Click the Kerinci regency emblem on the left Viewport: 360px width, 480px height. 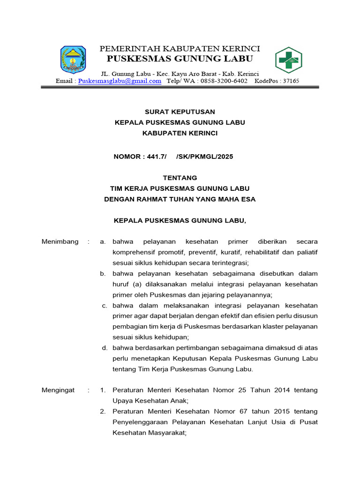[x=73, y=60]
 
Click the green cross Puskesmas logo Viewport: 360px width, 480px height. [x=288, y=60]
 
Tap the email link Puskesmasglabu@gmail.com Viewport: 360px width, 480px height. [x=120, y=81]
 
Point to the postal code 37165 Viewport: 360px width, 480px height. [x=289, y=81]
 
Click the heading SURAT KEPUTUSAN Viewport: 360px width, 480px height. [x=180, y=112]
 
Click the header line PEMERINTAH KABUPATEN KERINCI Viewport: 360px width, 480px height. [x=180, y=49]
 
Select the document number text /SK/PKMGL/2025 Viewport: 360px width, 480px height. [x=204, y=157]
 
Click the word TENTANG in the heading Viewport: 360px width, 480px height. [x=180, y=178]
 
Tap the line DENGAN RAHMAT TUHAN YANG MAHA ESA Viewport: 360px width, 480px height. [x=180, y=199]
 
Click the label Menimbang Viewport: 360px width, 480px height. [x=60, y=242]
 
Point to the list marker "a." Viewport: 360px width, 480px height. [x=103, y=242]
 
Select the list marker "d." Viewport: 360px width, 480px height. [x=105, y=348]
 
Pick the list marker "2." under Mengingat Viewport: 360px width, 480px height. [x=103, y=412]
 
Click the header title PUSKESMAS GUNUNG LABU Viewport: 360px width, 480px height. [x=180, y=59]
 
